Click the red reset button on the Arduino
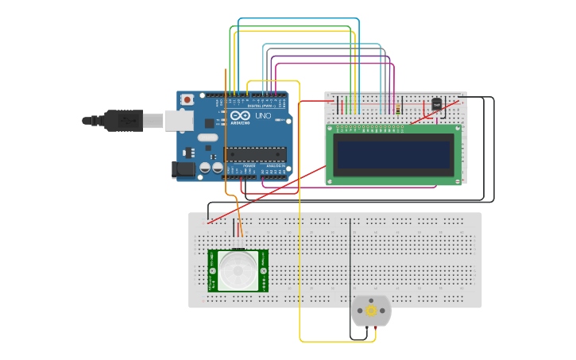coord(187,99)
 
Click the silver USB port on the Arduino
coord(179,120)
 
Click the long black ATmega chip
coord(253,154)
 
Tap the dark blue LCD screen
coord(394,154)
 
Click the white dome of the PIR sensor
coord(238,270)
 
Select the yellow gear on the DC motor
coord(371,311)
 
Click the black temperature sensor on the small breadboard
coord(436,103)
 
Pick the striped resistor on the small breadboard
coord(397,107)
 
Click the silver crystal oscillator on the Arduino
coord(207,137)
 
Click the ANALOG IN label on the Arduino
coord(273,165)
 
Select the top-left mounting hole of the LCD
coord(330,128)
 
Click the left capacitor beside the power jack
coord(205,168)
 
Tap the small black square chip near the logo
coord(209,123)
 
